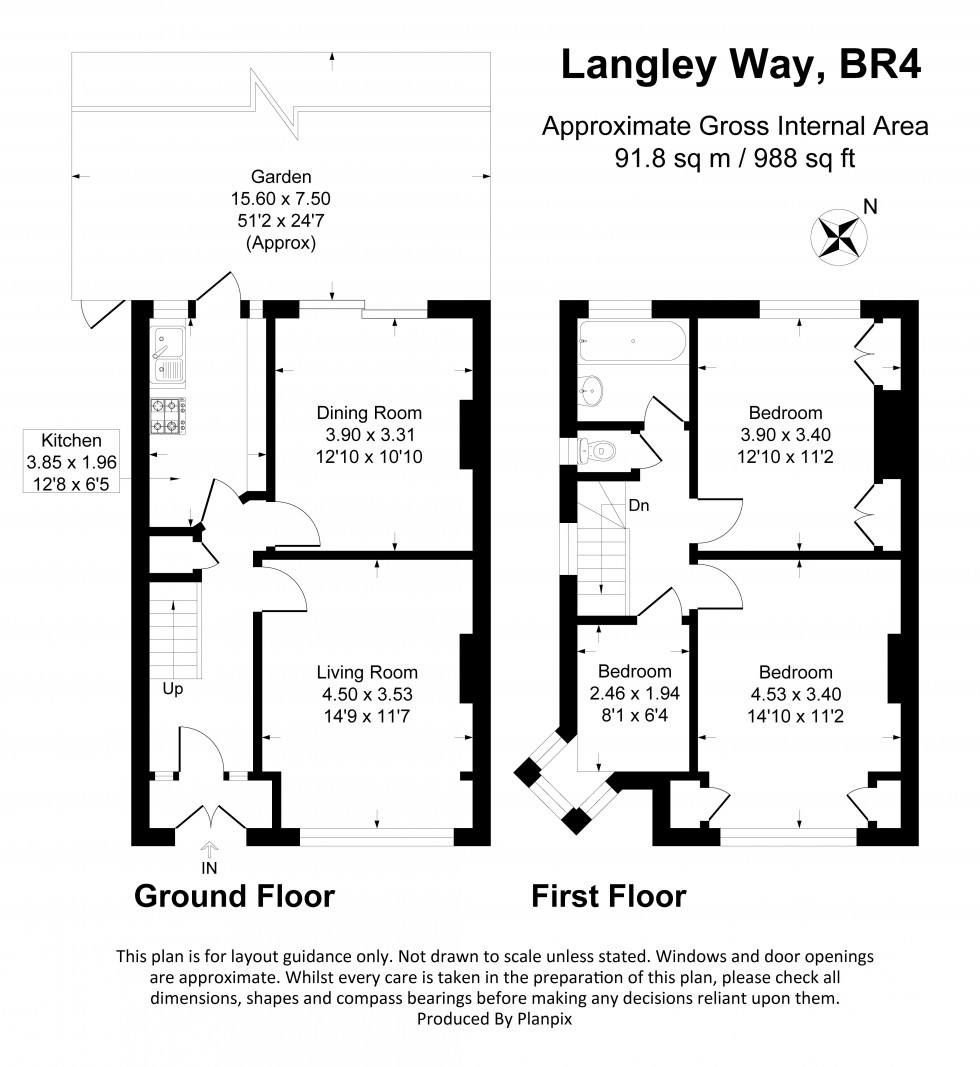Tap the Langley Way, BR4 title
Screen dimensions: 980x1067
point(740,65)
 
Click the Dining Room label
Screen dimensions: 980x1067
point(369,413)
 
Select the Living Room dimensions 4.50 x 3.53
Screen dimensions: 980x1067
point(368,694)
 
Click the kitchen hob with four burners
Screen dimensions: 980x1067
point(167,416)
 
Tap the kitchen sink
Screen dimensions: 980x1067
point(167,355)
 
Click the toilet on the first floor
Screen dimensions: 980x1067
point(597,450)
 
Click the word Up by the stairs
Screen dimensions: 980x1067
point(173,689)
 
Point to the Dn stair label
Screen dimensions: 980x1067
point(638,506)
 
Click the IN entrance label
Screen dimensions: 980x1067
point(209,868)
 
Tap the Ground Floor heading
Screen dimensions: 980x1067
point(235,896)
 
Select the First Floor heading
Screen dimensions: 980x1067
point(609,896)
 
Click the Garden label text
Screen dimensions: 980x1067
point(281,177)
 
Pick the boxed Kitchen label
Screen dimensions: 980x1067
point(71,461)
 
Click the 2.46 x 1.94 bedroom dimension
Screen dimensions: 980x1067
point(635,693)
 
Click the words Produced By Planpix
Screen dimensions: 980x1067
point(495,1019)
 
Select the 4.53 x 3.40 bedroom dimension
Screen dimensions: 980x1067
point(796,694)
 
